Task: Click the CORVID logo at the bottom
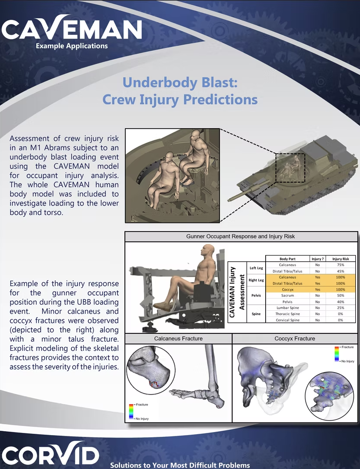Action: pyautogui.click(x=50, y=454)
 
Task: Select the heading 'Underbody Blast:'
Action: pyautogui.click(x=180, y=82)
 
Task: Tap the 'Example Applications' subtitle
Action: pyautogui.click(x=72, y=46)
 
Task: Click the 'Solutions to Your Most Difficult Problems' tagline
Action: pyautogui.click(x=180, y=465)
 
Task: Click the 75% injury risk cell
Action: pyautogui.click(x=340, y=265)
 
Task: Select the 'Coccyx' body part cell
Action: pyautogui.click(x=287, y=289)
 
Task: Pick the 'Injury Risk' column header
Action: pyautogui.click(x=340, y=259)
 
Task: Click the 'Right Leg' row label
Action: pyautogui.click(x=256, y=280)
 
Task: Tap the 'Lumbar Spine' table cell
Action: pyautogui.click(x=287, y=308)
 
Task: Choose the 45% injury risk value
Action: pyautogui.click(x=340, y=271)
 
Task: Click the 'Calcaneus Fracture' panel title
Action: pyautogui.click(x=178, y=339)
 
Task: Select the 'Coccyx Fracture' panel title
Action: pyautogui.click(x=295, y=339)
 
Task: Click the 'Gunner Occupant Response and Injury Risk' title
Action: pyautogui.click(x=240, y=236)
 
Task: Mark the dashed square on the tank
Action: pyautogui.click(x=290, y=167)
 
